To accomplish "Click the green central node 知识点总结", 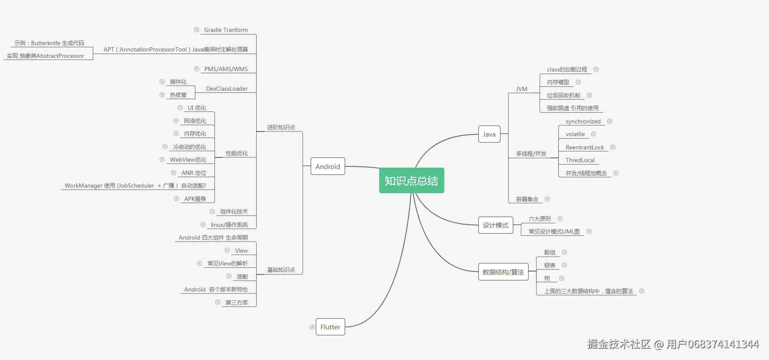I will click(411, 180).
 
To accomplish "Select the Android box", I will click(328, 166).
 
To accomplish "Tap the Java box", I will click(489, 134).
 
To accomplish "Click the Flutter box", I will click(330, 327).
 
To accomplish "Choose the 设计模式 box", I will click(495, 225).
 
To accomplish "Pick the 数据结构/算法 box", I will click(503, 272).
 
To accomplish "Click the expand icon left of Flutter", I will click(312, 327).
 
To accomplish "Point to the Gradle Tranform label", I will click(226, 30).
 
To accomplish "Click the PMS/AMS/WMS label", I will click(226, 69).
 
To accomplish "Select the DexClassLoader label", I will click(227, 89).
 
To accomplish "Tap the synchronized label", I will click(583, 121).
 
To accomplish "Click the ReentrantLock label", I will click(585, 147).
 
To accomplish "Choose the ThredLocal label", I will click(580, 160).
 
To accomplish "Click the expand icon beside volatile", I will click(594, 134).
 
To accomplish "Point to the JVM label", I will click(521, 89).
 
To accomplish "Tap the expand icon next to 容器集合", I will click(547, 199).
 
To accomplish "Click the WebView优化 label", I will click(188, 160).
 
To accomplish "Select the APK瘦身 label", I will click(195, 199).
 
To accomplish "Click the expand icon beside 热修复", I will click(162, 95).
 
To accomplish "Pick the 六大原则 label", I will click(540, 219).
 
